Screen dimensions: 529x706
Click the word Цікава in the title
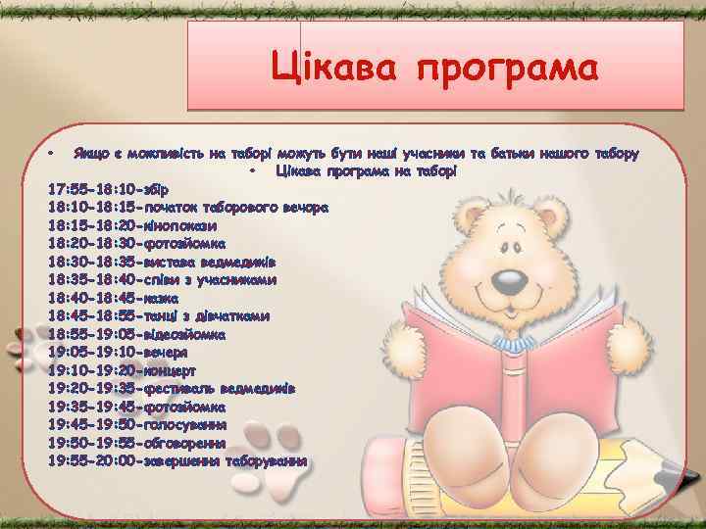tap(334, 71)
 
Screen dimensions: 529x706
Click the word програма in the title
tap(506, 71)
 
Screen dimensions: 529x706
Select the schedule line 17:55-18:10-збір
tap(108, 189)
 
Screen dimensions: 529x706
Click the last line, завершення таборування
tap(177, 460)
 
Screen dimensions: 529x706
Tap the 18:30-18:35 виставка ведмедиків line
tap(168, 262)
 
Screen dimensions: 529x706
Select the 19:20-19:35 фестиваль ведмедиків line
tap(172, 389)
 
